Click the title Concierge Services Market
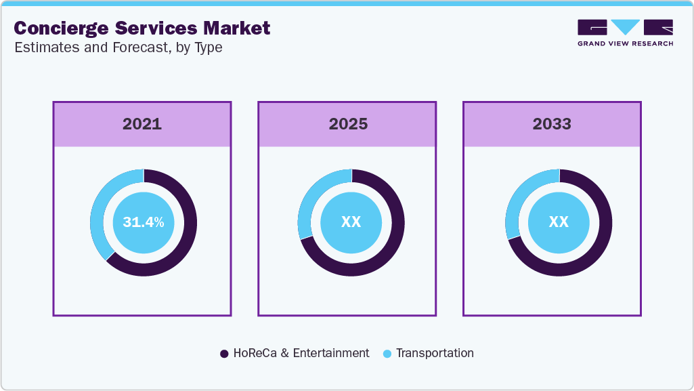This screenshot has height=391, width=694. coord(142,28)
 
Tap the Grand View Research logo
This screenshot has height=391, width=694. coord(625,33)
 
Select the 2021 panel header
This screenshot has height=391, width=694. coord(142,124)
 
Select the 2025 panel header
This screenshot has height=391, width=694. coord(348,124)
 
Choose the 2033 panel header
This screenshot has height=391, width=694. coord(552,124)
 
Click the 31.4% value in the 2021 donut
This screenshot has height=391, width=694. coord(144,222)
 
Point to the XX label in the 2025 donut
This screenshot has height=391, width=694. coord(351,222)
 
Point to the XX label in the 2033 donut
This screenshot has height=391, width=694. coord(559,222)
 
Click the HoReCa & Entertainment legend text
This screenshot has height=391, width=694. coord(301,353)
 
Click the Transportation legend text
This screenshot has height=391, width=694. coord(435,353)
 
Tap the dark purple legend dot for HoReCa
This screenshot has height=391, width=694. coord(224,354)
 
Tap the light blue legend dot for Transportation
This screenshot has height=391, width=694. coord(387,354)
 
